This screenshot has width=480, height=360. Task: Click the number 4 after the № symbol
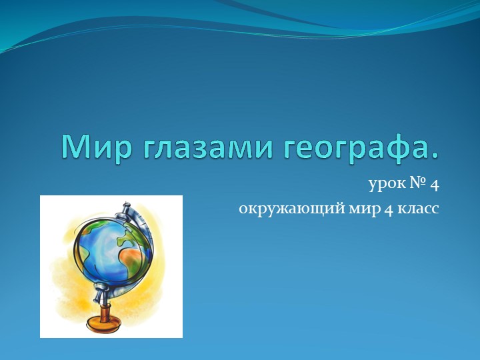coord(434,182)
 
